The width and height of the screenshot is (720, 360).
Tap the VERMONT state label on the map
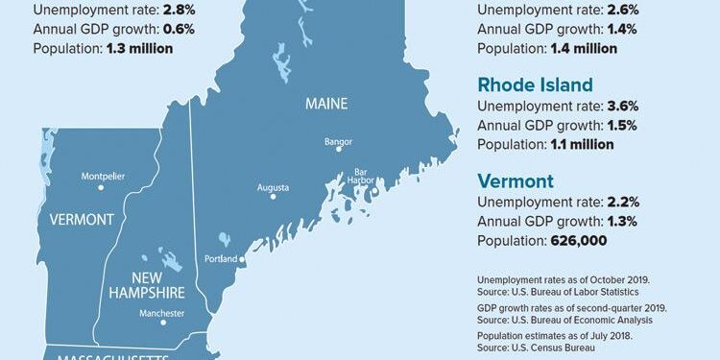click(82, 220)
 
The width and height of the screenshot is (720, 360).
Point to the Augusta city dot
click(273, 197)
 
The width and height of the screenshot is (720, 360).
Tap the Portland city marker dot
click(242, 259)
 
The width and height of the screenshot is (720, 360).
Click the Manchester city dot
click(163, 323)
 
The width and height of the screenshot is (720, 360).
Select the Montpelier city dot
click(102, 187)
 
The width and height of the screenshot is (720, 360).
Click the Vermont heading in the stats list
click(516, 180)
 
